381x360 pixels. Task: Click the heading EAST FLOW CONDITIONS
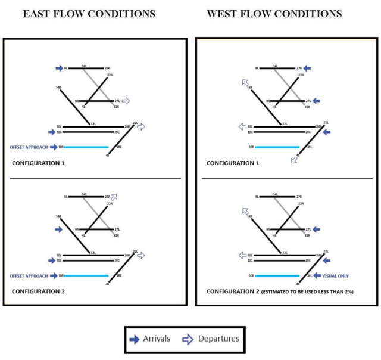point(89,13)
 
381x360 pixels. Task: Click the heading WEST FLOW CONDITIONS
point(274,13)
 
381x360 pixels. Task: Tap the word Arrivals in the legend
point(157,339)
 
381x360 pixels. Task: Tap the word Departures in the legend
point(218,339)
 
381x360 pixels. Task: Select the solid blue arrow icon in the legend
point(135,339)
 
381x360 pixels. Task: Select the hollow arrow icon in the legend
point(188,339)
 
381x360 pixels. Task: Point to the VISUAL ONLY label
point(336,276)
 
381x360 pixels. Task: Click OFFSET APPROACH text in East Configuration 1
point(29,147)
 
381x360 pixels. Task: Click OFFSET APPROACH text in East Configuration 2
point(29,275)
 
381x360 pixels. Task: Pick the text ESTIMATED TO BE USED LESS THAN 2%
point(293,291)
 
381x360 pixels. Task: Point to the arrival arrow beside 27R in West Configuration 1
point(316,69)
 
